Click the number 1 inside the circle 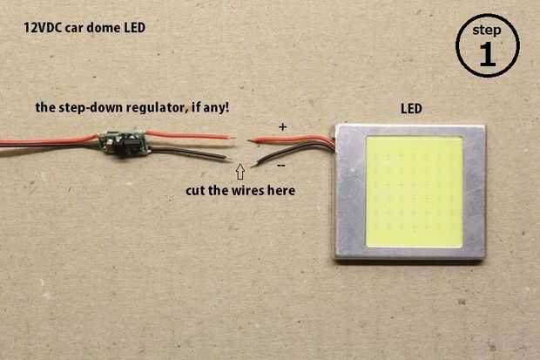[488, 55]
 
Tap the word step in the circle [487, 31]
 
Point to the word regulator [157, 107]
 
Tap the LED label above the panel [411, 109]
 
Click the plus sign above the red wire [283, 127]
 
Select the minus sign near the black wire [281, 166]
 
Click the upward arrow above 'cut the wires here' [240, 171]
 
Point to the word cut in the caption [196, 191]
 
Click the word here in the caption [281, 191]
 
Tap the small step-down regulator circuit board [124, 144]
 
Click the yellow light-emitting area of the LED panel [414, 192]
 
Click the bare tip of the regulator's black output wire [227, 158]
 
